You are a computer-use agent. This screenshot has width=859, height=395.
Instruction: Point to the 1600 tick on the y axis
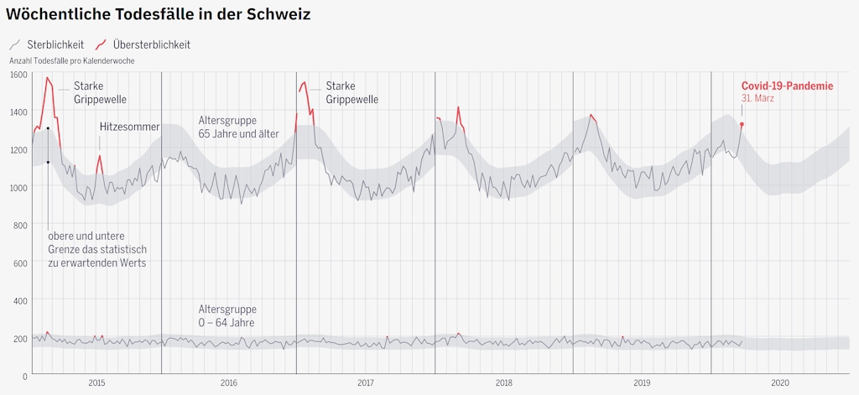pyautogui.click(x=18, y=75)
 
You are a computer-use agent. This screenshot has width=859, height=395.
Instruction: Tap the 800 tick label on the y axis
pyautogui.click(x=18, y=225)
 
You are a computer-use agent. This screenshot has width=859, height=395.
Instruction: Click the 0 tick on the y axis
pyautogui.click(x=25, y=376)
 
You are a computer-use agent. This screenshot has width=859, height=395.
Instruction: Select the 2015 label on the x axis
pyautogui.click(x=96, y=383)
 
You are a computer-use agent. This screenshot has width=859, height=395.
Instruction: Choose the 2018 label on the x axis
pyautogui.click(x=504, y=383)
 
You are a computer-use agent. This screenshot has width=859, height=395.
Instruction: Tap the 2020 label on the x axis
pyautogui.click(x=780, y=383)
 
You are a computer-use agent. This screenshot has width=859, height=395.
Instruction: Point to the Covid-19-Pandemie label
pyautogui.click(x=787, y=86)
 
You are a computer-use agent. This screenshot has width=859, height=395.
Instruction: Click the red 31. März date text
pyautogui.click(x=757, y=98)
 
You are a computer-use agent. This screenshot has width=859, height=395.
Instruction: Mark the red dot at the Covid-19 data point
pyautogui.click(x=742, y=124)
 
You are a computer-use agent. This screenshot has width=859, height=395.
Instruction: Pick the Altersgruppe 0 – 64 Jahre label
pyautogui.click(x=227, y=315)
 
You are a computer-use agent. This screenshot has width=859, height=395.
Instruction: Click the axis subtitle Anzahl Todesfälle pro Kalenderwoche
pyautogui.click(x=71, y=61)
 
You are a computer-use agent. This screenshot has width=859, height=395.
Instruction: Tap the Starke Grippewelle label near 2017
pyautogui.click(x=351, y=92)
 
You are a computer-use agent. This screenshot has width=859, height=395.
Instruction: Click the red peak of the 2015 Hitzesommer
pyautogui.click(x=100, y=156)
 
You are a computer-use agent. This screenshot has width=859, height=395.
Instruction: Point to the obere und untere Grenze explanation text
pyautogui.click(x=97, y=249)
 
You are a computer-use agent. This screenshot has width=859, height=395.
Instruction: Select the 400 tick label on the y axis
pyautogui.click(x=18, y=300)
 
